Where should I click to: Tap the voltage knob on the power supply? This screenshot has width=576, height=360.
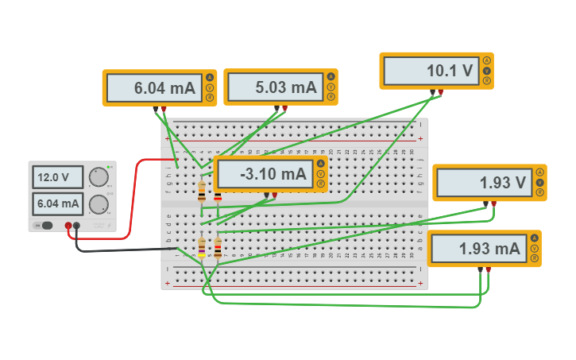point(99,176)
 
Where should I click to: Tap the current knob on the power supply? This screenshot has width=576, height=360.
point(99,204)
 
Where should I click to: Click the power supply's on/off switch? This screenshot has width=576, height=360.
point(47,226)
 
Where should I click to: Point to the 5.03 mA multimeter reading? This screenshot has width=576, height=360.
point(275,87)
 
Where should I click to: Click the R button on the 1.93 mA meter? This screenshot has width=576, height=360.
point(534,258)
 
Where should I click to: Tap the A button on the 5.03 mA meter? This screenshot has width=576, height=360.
point(331,77)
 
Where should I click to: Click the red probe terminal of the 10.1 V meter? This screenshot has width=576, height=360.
point(440,93)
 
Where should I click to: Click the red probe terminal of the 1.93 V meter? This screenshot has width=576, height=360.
point(493,204)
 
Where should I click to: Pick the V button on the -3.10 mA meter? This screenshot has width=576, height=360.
point(320,174)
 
